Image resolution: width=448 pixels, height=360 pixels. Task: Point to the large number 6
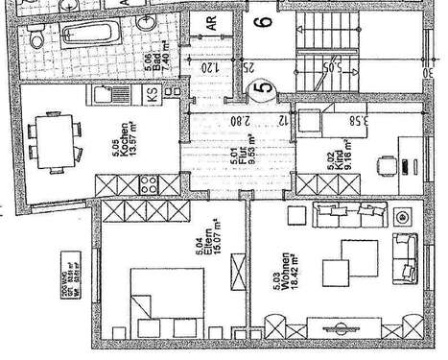click(x=265, y=15)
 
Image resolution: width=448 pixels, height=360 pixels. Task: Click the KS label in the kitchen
click(x=153, y=95)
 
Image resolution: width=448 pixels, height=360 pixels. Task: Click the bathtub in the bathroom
click(x=89, y=38)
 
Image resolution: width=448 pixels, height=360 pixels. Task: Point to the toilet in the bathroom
click(x=35, y=38)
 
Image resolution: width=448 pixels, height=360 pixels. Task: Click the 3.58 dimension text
click(x=359, y=122)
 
